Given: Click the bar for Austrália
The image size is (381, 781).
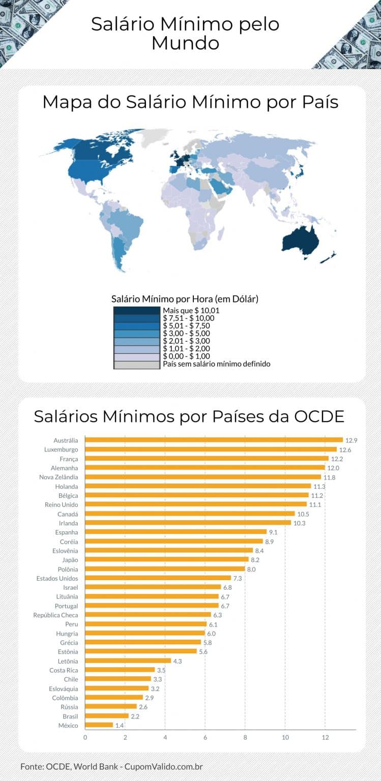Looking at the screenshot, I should pos(214,440).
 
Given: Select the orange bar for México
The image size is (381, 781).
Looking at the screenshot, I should pos(99,725).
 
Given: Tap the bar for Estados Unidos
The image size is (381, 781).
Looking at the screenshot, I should pos(158,578).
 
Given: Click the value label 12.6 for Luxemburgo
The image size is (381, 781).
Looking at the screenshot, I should pos(345,449).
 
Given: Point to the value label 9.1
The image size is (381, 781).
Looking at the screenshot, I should pos(273,532).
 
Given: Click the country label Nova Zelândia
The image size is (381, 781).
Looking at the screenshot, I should pos(58,477).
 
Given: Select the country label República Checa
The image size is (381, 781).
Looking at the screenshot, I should pos(56,615).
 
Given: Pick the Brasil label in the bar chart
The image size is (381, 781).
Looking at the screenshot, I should pos(69,716).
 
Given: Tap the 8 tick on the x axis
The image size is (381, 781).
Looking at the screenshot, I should pos(245,738).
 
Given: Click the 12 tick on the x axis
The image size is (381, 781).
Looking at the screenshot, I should pos(325,738).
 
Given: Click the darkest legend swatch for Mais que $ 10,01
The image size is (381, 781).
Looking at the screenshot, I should pos(136,310).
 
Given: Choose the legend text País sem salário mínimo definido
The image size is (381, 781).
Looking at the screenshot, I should pos(216,364).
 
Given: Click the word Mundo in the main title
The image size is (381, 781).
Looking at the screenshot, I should pos(185,44).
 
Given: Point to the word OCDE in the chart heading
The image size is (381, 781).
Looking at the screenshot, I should pos(319,416).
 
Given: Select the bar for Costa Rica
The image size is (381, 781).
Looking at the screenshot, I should pos(120,670).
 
